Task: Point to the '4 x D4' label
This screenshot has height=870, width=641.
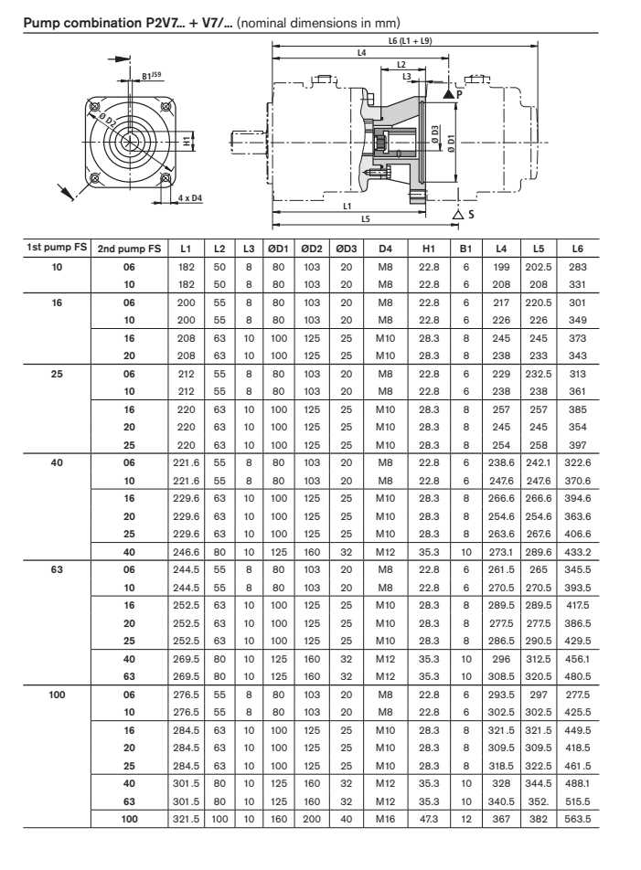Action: click(x=190, y=196)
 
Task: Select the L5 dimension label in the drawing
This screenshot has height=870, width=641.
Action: click(x=365, y=218)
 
